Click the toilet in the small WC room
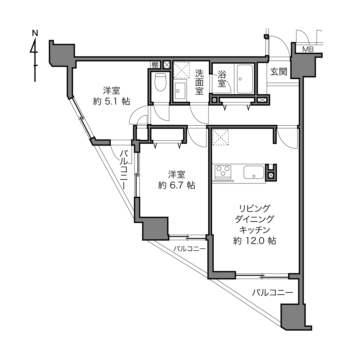(x=160, y=82)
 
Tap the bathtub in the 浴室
(x=245, y=79)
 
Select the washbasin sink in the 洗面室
(x=180, y=91)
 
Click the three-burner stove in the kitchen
(x=223, y=171)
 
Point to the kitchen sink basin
(x=254, y=172)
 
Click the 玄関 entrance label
(x=279, y=72)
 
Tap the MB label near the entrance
(x=308, y=49)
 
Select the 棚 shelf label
(x=155, y=65)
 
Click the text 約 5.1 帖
(x=112, y=102)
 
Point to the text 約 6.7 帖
(x=177, y=185)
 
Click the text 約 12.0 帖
(x=255, y=241)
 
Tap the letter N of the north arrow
(x=35, y=33)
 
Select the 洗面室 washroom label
(x=199, y=82)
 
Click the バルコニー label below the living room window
(x=272, y=292)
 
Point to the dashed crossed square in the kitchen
(x=221, y=137)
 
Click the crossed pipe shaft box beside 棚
(x=166, y=65)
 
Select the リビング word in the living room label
(x=255, y=208)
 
